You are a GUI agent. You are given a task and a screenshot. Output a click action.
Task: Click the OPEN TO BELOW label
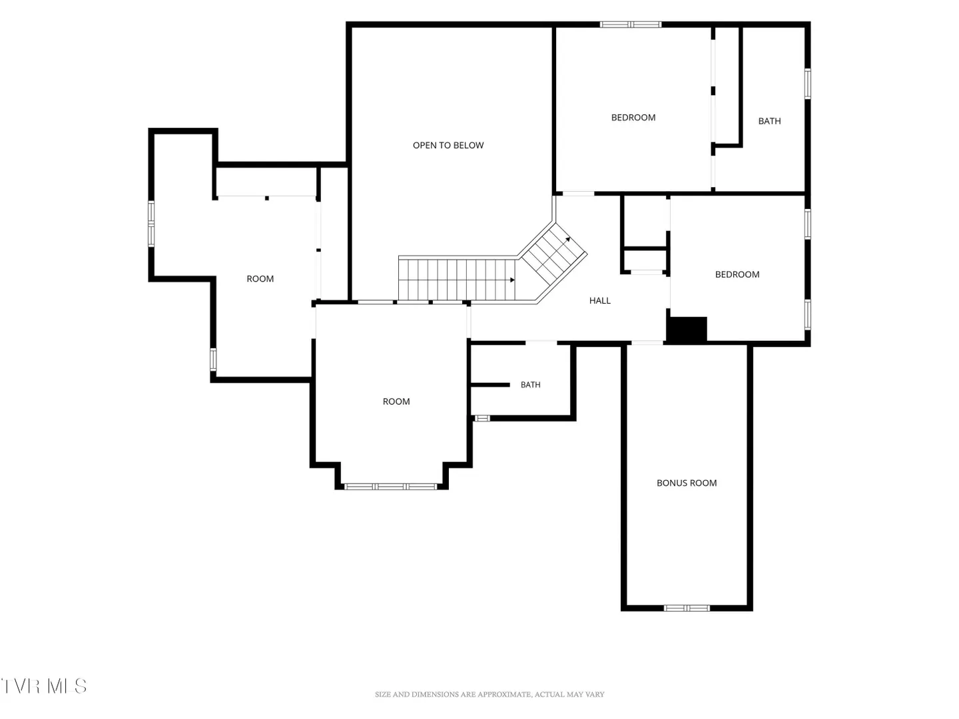448,145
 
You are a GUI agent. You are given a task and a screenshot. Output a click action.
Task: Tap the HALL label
599,300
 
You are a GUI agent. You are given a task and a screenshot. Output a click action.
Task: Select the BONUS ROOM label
687,483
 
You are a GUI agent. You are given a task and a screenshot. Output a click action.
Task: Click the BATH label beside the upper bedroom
769,121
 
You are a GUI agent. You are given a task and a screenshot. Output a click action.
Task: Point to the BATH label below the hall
530,385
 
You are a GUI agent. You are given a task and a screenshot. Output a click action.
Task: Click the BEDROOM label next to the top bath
633,117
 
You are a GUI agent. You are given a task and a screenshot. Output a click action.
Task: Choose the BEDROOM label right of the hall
737,274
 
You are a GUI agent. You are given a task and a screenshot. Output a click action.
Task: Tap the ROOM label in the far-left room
260,279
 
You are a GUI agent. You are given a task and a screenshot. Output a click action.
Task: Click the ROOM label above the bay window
396,401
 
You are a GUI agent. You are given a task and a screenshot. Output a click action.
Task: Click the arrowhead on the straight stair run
513,280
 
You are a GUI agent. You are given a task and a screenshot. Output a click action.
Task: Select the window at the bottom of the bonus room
687,608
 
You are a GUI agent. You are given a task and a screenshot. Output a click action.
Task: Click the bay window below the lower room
390,487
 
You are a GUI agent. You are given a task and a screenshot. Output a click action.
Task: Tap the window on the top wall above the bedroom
630,25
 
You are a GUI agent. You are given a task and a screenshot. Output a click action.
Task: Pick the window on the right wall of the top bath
807,84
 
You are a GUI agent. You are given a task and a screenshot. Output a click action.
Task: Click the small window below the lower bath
482,419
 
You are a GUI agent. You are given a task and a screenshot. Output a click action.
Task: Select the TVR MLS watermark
43,686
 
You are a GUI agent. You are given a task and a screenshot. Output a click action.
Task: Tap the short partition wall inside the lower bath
490,385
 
